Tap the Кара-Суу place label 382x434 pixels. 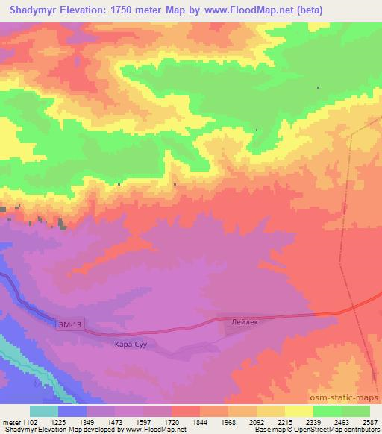[x=129, y=345]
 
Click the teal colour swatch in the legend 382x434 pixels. [x=44, y=411]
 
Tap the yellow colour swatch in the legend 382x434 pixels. [x=299, y=411]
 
